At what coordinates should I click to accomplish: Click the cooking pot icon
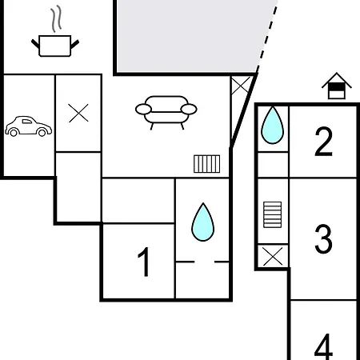[55, 46]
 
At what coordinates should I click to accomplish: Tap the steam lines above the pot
[56, 19]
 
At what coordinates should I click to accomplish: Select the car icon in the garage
[29, 126]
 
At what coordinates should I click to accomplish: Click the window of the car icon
[27, 122]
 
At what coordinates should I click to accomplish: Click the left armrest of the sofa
[143, 110]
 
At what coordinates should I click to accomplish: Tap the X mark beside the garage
[78, 113]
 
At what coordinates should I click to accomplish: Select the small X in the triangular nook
[240, 86]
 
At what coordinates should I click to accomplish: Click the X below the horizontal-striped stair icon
[273, 257]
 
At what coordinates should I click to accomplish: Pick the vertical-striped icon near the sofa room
[207, 164]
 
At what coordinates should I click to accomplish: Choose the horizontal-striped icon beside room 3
[272, 214]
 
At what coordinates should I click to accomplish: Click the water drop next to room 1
[203, 222]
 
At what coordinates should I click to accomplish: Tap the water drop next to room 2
[272, 126]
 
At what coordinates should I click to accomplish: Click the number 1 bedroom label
[143, 262]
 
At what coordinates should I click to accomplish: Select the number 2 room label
[323, 142]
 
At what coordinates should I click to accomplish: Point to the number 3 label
[323, 238]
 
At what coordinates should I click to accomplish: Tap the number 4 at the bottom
[323, 346]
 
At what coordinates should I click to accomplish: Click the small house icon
[337, 86]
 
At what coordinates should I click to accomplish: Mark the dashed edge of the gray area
[267, 36]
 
